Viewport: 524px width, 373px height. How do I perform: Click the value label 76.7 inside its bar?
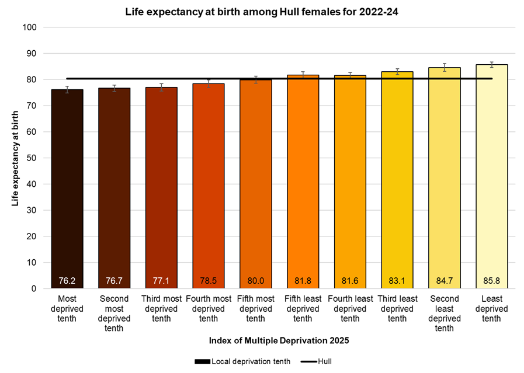[114, 281]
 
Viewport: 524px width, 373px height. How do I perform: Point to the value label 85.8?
[491, 281]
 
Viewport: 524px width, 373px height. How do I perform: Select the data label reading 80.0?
[255, 281]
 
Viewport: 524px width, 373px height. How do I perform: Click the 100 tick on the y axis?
[30, 27]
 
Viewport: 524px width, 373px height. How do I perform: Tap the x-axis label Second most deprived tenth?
[114, 313]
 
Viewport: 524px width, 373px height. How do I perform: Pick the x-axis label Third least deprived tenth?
[397, 309]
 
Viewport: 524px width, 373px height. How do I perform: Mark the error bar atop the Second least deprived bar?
[444, 67]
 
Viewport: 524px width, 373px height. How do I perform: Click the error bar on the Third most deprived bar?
[161, 88]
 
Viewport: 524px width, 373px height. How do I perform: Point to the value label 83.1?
[397, 281]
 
